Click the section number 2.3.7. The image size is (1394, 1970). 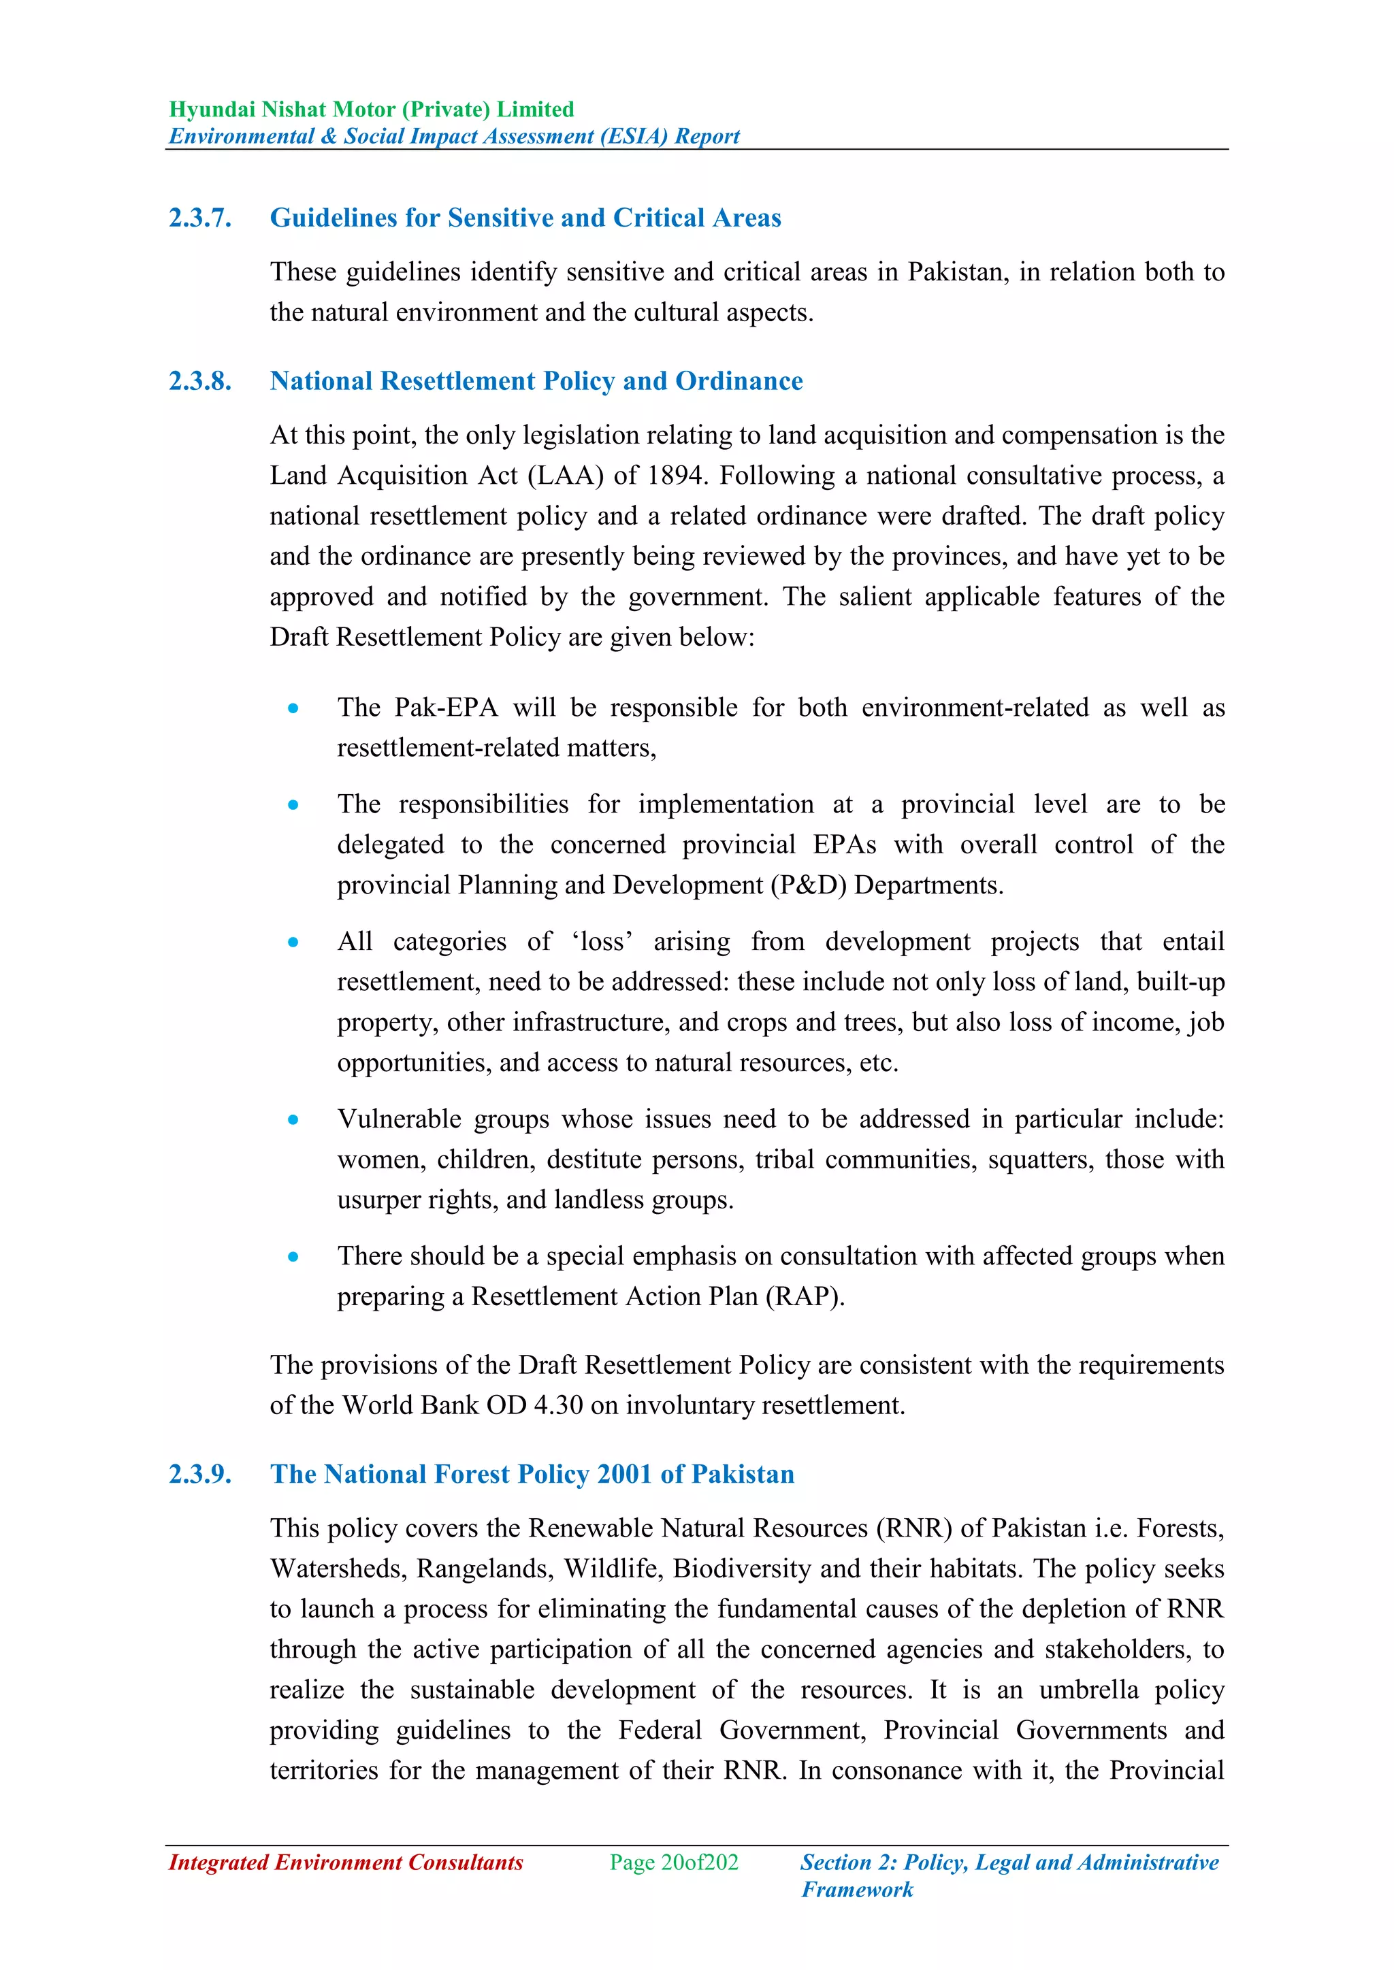click(x=200, y=218)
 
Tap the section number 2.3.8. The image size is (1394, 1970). click(x=200, y=381)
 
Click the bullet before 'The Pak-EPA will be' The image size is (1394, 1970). click(x=293, y=708)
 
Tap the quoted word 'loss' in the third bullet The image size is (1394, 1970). click(x=602, y=941)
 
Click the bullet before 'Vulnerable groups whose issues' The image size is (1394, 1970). click(x=293, y=1119)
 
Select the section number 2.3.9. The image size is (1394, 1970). click(x=200, y=1474)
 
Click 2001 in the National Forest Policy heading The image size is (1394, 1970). click(x=625, y=1474)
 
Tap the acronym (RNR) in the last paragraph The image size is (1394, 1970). click(x=913, y=1528)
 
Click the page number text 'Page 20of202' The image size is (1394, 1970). click(x=674, y=1862)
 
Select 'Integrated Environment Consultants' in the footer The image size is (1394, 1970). click(x=346, y=1862)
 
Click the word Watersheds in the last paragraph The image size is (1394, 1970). click(x=338, y=1569)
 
